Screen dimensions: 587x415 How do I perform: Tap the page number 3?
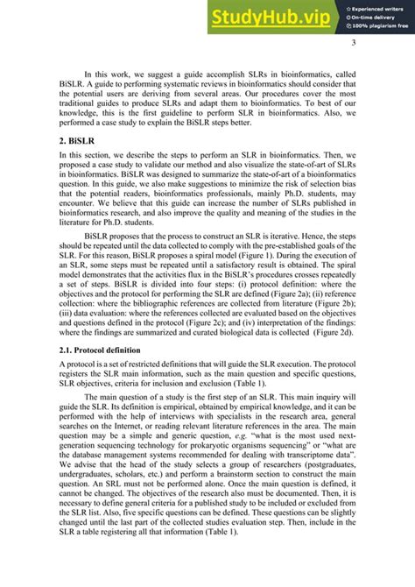click(353, 45)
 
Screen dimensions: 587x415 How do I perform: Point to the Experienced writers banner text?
click(378, 7)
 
